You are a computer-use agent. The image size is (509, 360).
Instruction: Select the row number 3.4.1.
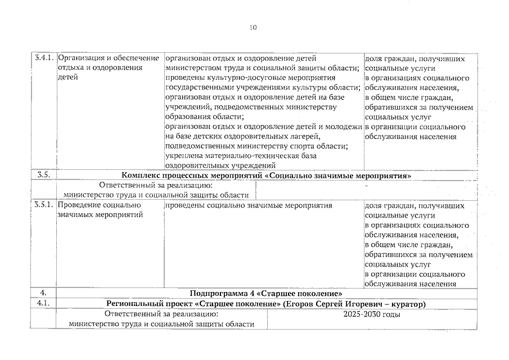[43, 58]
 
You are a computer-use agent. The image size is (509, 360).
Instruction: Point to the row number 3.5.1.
[43, 205]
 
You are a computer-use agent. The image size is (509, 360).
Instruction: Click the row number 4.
[43, 294]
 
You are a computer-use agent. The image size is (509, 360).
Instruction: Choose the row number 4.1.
[43, 304]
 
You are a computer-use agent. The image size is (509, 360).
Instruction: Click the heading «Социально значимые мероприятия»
[337, 175]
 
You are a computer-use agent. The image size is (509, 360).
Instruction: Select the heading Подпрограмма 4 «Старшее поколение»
[267, 294]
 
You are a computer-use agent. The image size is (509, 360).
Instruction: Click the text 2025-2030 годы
[372, 314]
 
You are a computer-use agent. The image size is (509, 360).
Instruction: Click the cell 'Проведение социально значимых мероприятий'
[100, 210]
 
